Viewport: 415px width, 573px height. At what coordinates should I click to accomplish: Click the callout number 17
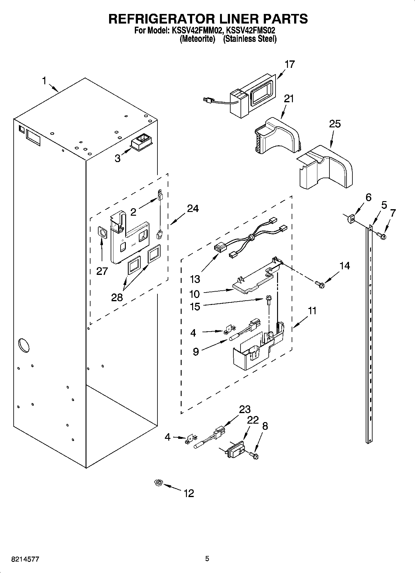click(289, 64)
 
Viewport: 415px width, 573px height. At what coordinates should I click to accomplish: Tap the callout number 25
click(335, 124)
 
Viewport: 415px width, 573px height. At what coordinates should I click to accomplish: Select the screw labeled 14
click(319, 283)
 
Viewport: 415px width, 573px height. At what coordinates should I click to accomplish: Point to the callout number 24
click(192, 209)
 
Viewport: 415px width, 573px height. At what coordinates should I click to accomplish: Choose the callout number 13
click(195, 279)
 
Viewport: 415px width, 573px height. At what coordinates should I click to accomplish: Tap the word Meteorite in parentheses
click(197, 39)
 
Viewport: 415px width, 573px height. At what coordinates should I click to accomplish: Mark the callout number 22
click(253, 420)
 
